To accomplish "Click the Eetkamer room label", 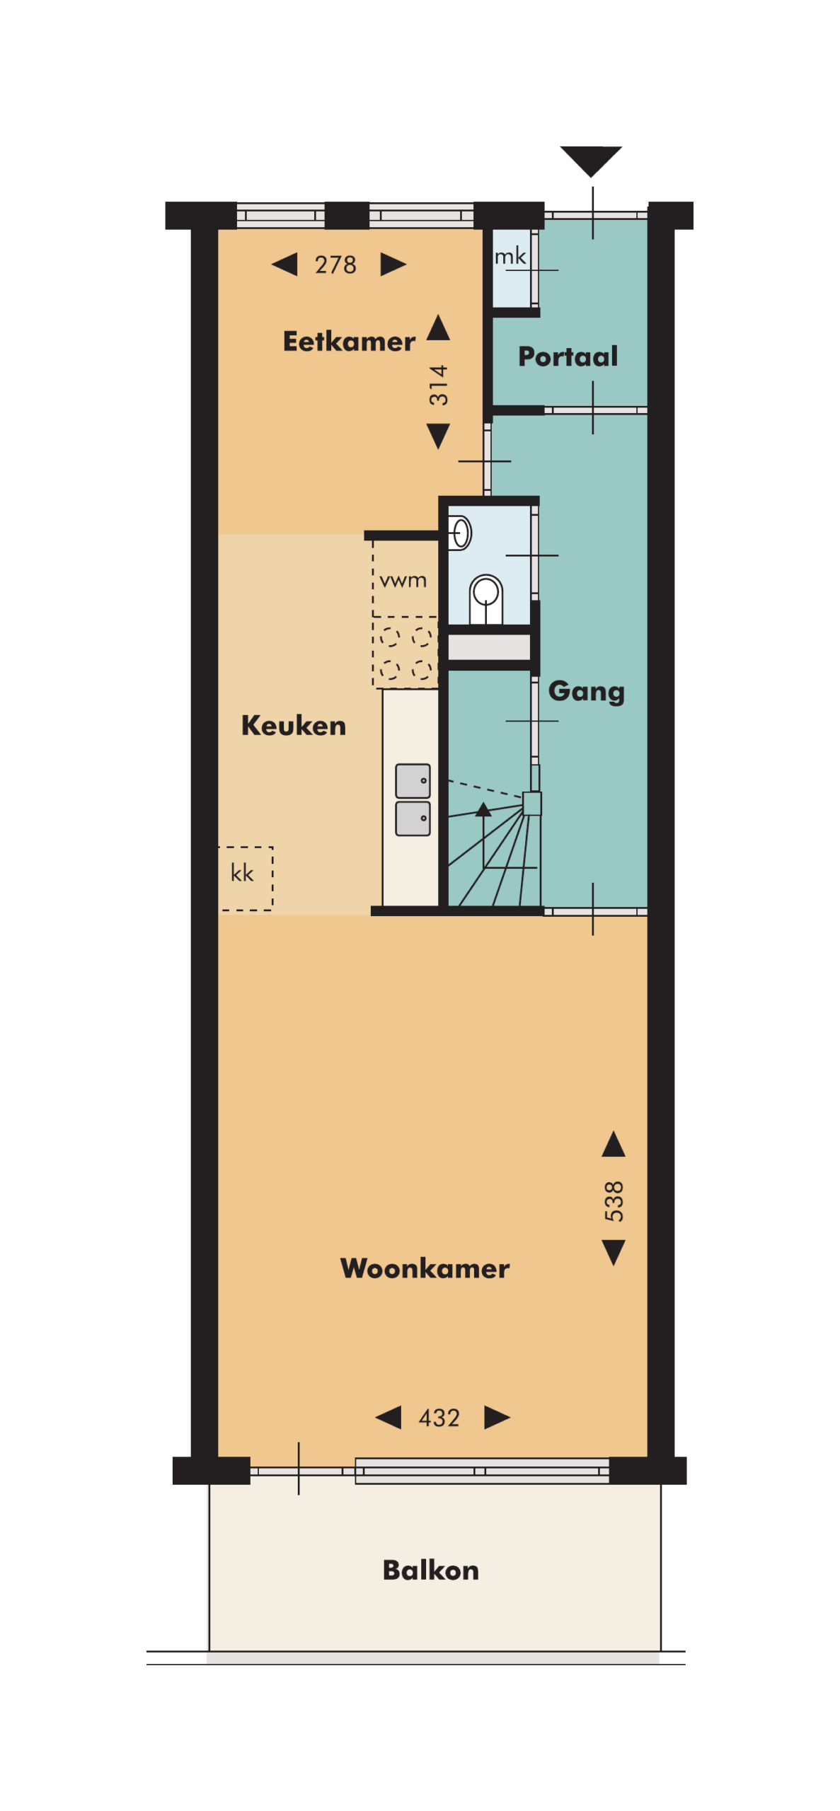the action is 348,341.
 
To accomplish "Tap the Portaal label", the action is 568,356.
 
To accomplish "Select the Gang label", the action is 586,691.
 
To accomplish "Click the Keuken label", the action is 293,725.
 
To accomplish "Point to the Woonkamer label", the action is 425,1268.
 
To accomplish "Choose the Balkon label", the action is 430,1570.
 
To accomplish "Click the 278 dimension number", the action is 335,265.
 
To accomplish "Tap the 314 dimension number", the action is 439,385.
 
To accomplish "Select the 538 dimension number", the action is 614,1200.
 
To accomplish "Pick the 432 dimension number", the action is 439,1418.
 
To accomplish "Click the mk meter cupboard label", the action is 510,256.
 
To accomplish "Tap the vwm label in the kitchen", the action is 403,581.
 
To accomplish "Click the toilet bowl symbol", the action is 486,598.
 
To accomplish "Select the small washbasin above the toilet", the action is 460,533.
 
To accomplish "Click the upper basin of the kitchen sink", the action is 413,781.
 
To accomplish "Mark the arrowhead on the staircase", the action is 483,809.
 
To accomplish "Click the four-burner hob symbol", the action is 405,652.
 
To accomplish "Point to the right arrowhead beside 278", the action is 393,264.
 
